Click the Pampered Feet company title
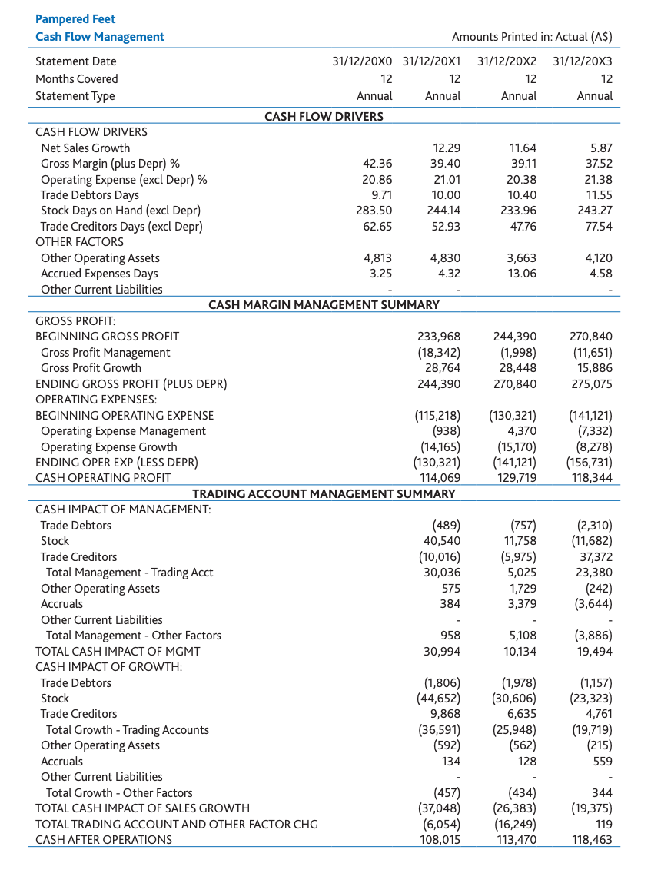(75, 18)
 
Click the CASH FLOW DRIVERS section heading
(324, 116)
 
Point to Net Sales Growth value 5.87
(600, 148)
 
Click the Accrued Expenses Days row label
(99, 274)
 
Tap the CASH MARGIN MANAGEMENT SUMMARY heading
(324, 304)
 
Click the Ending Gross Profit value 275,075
(591, 383)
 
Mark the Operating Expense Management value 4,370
(520, 431)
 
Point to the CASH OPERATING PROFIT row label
(103, 478)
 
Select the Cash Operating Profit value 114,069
(438, 478)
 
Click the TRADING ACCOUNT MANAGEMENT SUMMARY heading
(324, 493)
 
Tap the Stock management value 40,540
(442, 541)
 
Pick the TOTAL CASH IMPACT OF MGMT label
(118, 651)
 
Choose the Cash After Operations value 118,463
(591, 839)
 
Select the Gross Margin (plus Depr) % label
(110, 164)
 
